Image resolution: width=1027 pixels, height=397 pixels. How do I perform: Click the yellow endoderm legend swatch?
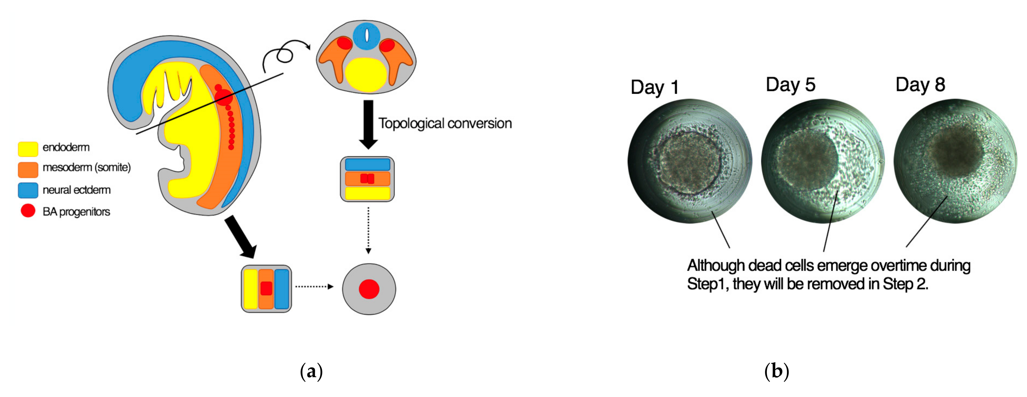(28, 149)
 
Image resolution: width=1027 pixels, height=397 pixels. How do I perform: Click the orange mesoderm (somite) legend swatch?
(28, 169)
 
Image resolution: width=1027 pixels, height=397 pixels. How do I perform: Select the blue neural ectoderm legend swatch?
(28, 190)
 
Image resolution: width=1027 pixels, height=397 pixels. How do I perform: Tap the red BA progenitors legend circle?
(28, 210)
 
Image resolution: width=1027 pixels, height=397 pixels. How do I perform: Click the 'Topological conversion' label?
(445, 123)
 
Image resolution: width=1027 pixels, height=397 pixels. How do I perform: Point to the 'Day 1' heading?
(654, 87)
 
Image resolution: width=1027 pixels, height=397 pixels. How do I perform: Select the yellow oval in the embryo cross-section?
(366, 75)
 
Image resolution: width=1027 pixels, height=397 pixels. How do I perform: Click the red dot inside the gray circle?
(369, 289)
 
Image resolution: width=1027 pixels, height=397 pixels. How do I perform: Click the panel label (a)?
(311, 371)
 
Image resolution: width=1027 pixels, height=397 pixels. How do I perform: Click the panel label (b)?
(776, 371)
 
